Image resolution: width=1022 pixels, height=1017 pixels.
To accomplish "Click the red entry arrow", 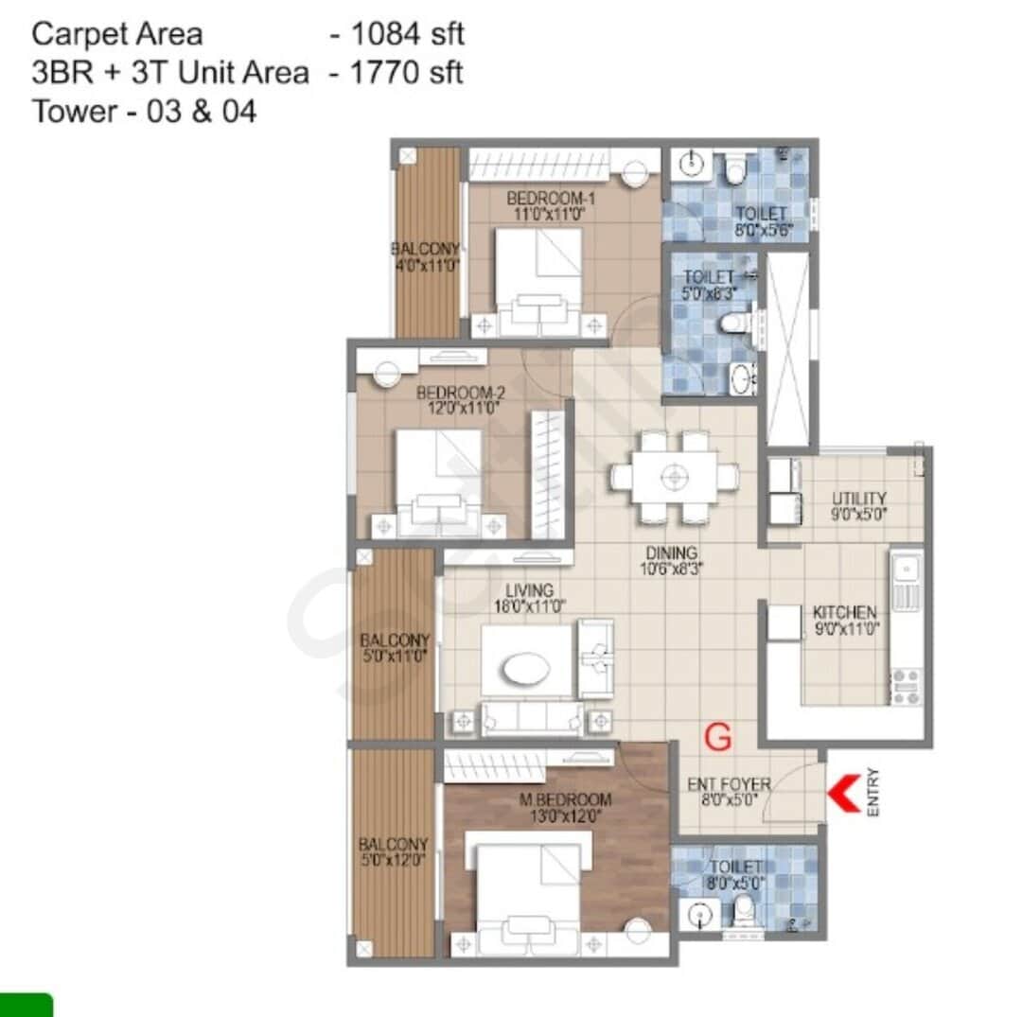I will click(844, 793).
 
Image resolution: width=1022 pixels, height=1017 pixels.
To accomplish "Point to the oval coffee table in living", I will click(526, 671).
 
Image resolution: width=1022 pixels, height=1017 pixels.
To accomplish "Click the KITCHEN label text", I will click(844, 612).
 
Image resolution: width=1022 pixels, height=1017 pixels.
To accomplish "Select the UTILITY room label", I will click(858, 499).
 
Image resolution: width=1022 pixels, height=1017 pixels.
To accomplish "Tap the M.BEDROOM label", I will click(566, 799).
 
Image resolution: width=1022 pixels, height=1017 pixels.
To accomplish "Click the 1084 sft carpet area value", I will click(408, 35).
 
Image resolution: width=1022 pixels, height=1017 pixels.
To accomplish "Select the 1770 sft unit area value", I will click(407, 73).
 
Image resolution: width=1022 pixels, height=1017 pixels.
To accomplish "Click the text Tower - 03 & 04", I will click(144, 112).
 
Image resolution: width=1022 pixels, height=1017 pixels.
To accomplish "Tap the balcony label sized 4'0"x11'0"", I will click(426, 249).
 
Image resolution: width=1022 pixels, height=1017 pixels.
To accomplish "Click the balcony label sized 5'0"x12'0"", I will click(393, 844).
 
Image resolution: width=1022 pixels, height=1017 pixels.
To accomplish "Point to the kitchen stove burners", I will click(906, 686).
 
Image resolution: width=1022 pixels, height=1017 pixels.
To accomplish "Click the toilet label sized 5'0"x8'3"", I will click(709, 277).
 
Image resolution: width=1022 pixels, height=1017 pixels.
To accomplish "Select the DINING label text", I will click(673, 553).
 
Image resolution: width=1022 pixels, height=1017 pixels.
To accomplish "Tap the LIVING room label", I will click(529, 591).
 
